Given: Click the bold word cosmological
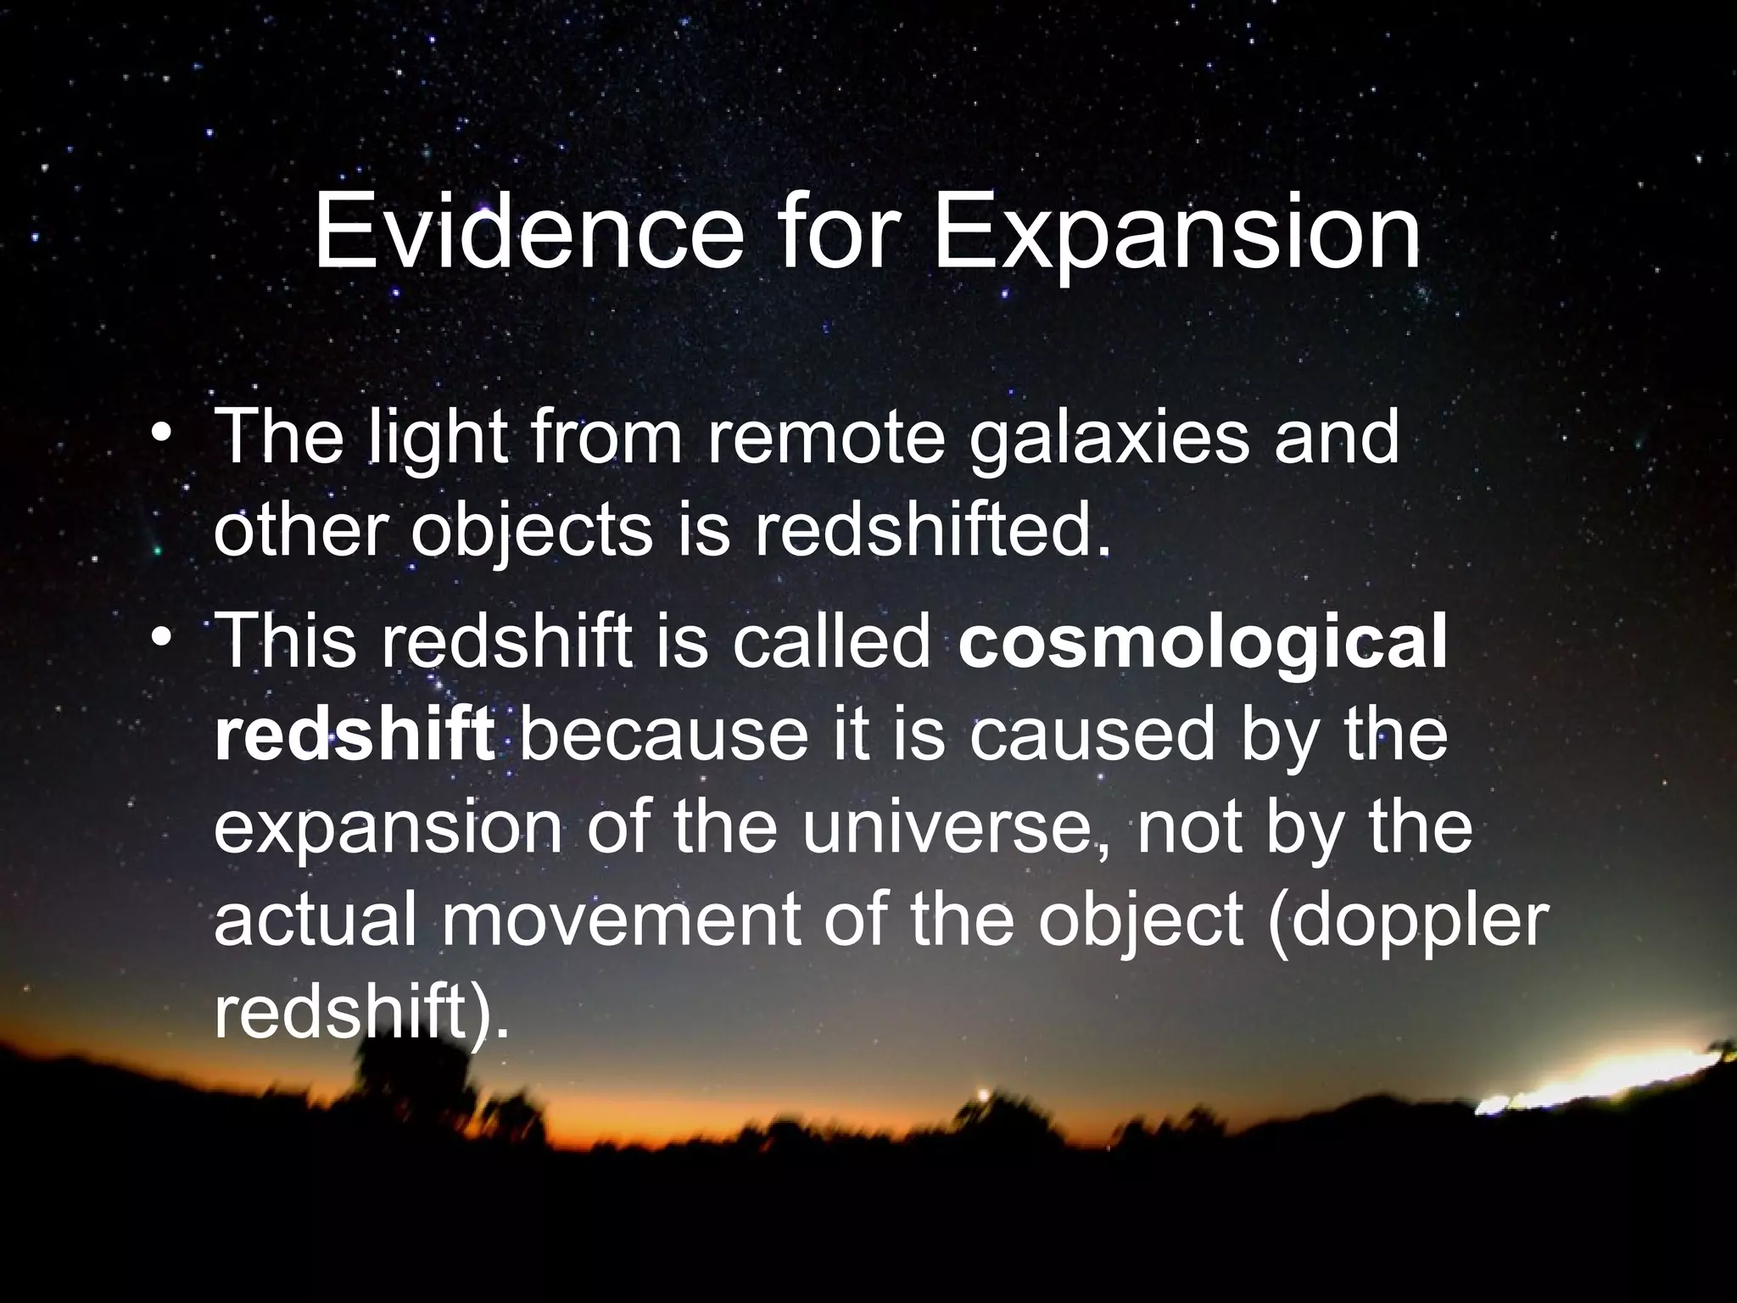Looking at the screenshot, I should (x=1203, y=641).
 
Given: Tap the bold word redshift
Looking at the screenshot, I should (x=355, y=735).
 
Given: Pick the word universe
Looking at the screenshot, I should (x=955, y=828).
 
